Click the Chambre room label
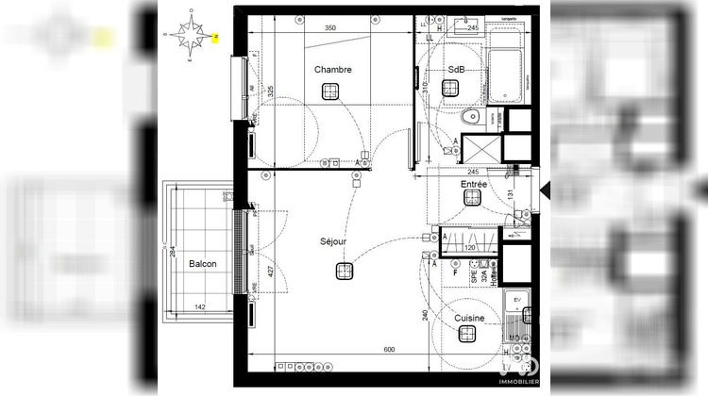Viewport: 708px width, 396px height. pyautogui.click(x=333, y=70)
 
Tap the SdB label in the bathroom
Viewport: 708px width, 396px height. pyautogui.click(x=457, y=70)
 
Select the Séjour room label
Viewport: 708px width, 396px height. pyautogui.click(x=332, y=242)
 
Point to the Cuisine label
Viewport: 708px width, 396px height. pyautogui.click(x=469, y=319)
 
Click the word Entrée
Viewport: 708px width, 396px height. pyautogui.click(x=473, y=184)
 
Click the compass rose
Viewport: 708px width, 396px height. pyautogui.click(x=192, y=36)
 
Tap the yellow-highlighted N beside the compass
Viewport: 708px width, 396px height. pyautogui.click(x=215, y=38)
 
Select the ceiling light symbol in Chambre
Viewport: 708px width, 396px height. pyautogui.click(x=331, y=91)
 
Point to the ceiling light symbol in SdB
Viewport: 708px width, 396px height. pyautogui.click(x=451, y=90)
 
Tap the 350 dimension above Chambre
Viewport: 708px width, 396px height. pyautogui.click(x=329, y=28)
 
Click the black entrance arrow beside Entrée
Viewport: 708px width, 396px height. pyautogui.click(x=544, y=190)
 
